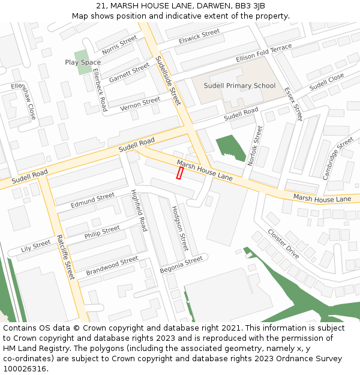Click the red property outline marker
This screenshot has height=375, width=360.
(179, 173)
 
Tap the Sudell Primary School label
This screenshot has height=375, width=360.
(239, 86)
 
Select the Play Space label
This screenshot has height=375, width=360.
(83, 62)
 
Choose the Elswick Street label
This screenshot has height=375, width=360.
(199, 37)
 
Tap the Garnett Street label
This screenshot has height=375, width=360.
(129, 73)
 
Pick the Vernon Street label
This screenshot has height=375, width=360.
(140, 104)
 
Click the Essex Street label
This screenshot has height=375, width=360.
(293, 103)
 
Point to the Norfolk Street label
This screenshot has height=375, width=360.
(255, 146)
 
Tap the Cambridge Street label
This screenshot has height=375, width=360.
(338, 158)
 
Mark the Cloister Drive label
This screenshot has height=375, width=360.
(283, 244)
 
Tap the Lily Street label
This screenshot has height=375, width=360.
(36, 246)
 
